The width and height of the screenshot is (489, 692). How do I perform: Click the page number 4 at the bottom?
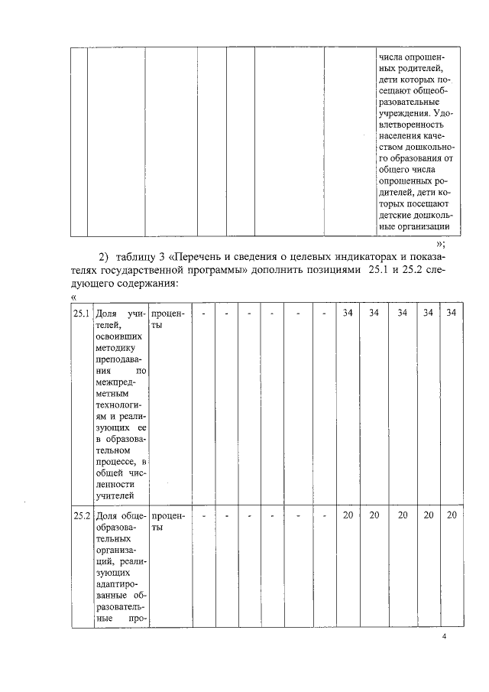coord(445,638)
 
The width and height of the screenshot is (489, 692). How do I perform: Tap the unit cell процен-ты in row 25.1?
coord(167,320)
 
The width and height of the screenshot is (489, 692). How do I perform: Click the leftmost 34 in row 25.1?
coord(348,314)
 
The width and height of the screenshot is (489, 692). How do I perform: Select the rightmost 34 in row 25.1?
coord(451,314)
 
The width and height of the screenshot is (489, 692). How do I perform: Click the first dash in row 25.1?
coord(204,314)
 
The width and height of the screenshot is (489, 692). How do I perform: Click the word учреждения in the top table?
coord(403,114)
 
